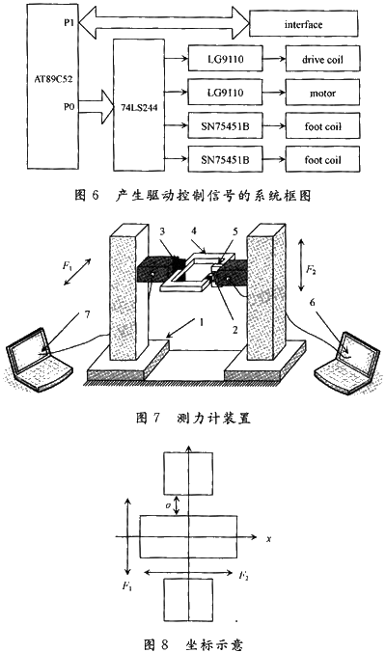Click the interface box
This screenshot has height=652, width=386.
pos(303,24)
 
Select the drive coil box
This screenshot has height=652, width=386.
pos(322,59)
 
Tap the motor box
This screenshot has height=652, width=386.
pos(322,93)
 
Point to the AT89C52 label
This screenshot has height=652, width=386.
pos(53,79)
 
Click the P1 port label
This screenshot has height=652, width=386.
pos(69,22)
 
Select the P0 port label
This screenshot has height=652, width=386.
pos(69,106)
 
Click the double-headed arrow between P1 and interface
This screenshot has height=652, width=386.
pos(164,24)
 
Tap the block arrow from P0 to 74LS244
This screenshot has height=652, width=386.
pos(96,107)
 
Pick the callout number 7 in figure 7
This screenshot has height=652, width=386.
pos(87,314)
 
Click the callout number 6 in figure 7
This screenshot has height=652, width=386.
pos(313,302)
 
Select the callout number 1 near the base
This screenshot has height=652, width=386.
pos(202,322)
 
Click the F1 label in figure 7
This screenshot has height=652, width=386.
pos(68,265)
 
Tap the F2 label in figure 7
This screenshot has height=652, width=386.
pos(312,269)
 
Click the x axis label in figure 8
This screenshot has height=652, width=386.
pos(268,539)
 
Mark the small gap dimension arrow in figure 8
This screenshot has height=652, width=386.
pos(178,505)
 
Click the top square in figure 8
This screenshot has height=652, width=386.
pos(188,474)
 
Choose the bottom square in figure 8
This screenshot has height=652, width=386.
pos(188,600)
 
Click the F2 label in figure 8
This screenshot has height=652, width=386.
pos(244,576)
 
